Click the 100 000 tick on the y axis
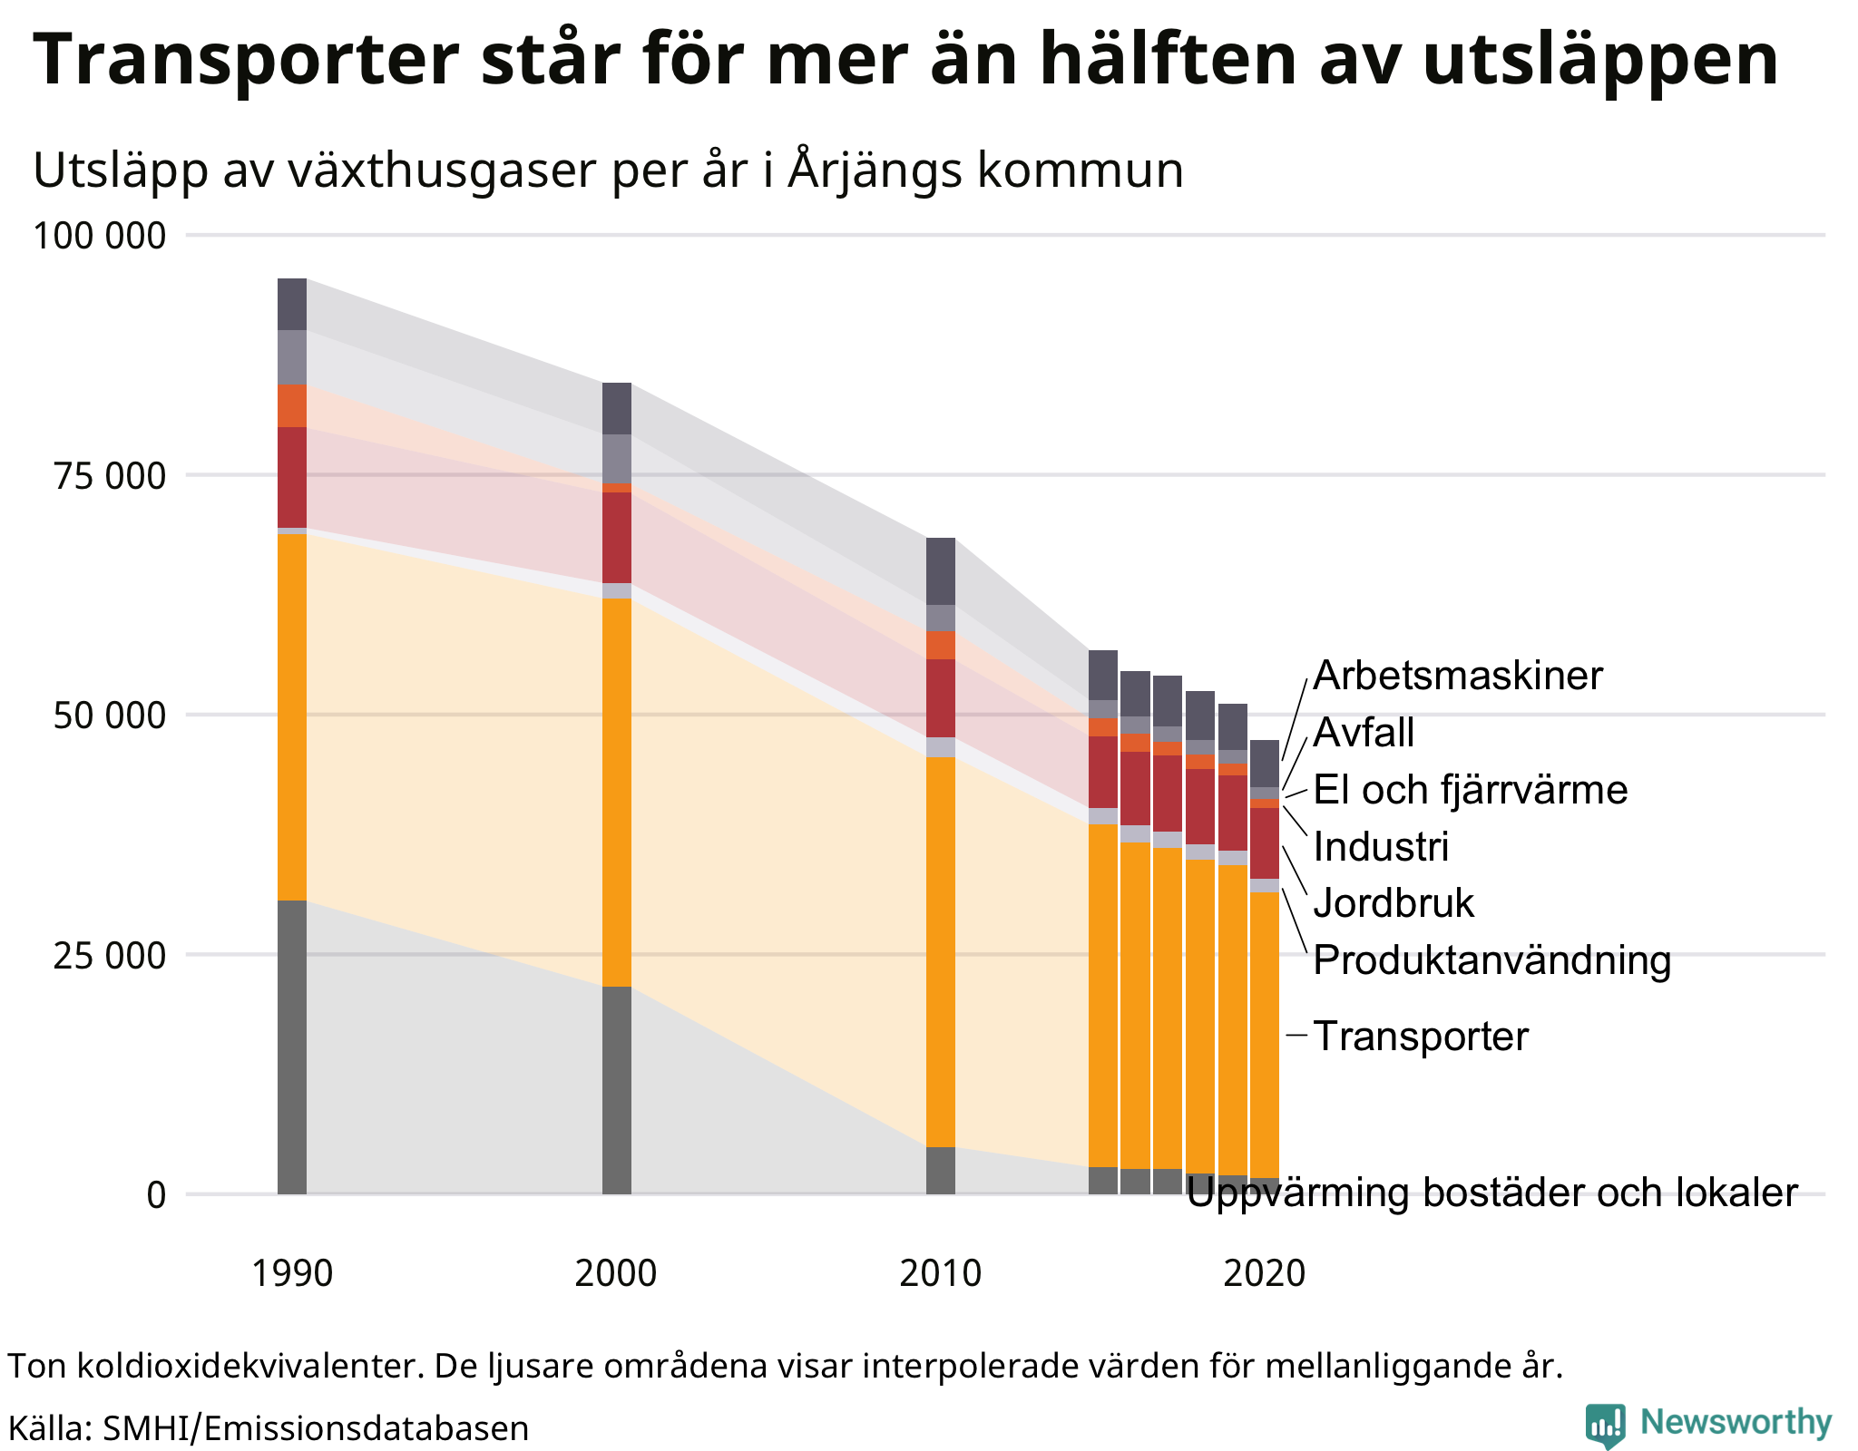(x=100, y=237)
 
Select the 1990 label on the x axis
(x=291, y=1273)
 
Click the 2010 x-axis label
(x=940, y=1273)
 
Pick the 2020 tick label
(x=1264, y=1273)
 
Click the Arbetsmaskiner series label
(x=1458, y=676)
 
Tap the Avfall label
(x=1364, y=733)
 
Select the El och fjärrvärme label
(x=1470, y=790)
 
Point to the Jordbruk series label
(x=1393, y=903)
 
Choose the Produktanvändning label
(x=1491, y=960)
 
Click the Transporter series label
(x=1421, y=1037)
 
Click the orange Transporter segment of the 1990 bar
(x=291, y=716)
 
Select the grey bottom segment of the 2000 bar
(x=616, y=1088)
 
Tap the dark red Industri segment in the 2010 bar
(x=940, y=697)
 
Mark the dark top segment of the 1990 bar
(x=291, y=304)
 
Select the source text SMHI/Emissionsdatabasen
(x=315, y=1428)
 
